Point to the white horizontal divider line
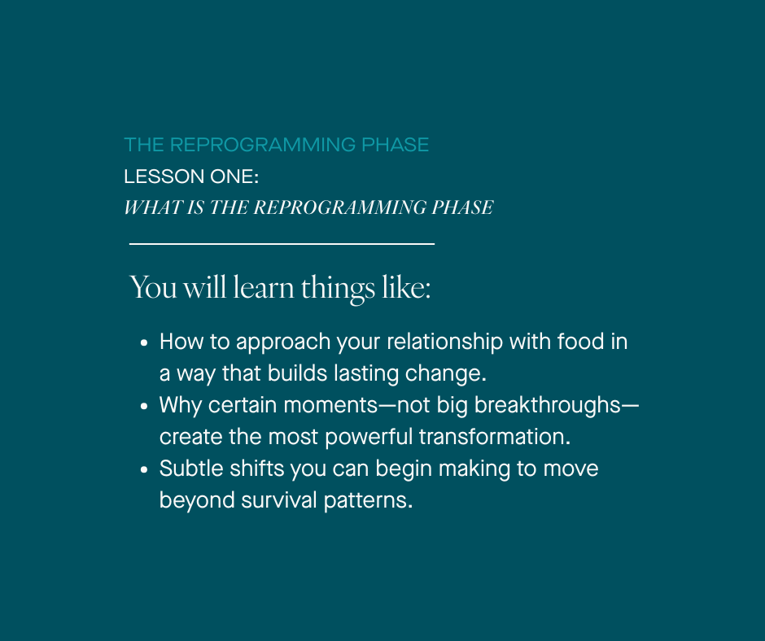coord(282,243)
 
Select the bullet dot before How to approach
coord(144,342)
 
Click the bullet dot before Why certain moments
coord(144,406)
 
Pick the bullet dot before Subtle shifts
coord(144,469)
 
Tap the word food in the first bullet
coord(581,342)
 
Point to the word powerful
coord(369,437)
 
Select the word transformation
coord(494,437)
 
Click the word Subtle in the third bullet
coord(185,469)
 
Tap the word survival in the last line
coord(278,500)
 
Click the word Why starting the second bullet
coord(177,405)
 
